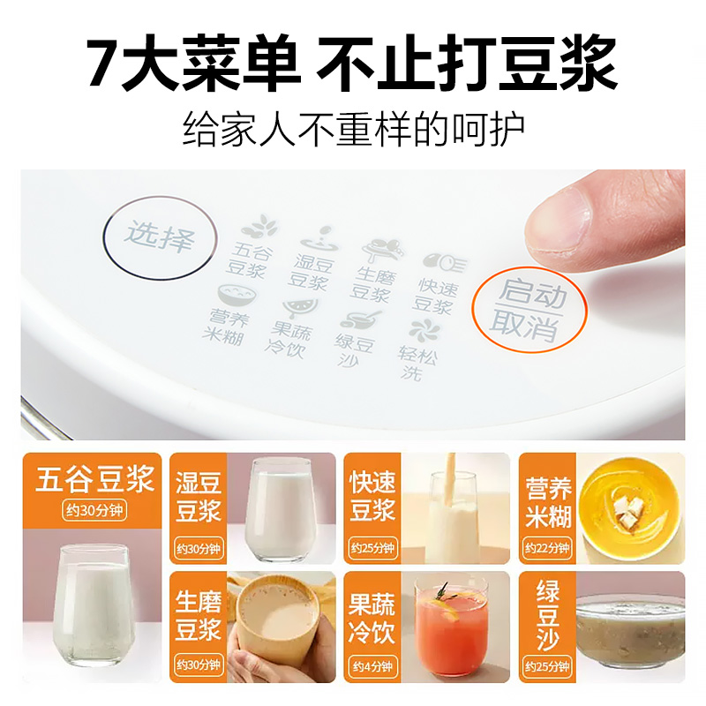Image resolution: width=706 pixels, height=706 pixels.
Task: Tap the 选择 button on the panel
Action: tap(158, 237)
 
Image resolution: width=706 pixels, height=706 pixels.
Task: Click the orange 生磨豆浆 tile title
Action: tap(198, 617)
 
